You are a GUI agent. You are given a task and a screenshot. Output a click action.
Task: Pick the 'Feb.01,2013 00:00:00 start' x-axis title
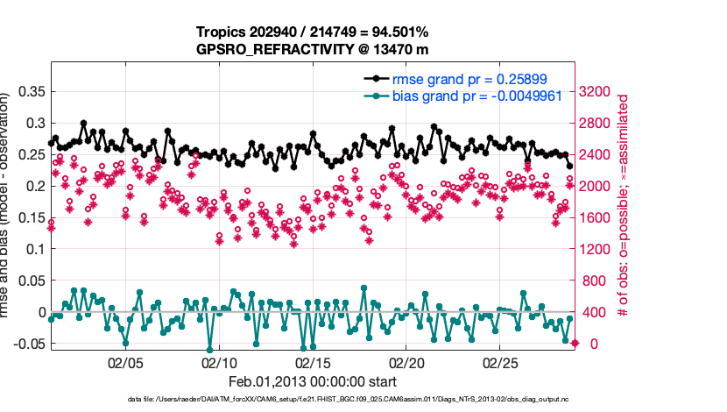[313, 381]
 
